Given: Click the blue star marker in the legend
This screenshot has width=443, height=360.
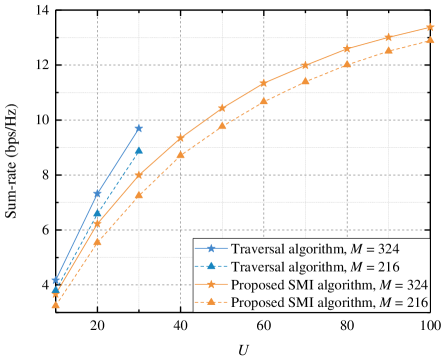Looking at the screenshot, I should (211, 249).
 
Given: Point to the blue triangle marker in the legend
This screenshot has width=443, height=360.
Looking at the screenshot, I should (211, 267).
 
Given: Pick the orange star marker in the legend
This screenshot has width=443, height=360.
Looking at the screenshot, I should (211, 285).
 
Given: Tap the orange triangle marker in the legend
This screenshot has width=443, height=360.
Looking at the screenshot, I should (211, 303).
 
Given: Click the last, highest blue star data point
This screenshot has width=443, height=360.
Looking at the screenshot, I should (139, 129).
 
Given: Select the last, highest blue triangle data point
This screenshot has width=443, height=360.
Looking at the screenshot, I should (139, 151).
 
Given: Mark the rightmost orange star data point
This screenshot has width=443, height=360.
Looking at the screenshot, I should (430, 28).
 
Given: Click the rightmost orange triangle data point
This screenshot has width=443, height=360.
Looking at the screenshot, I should (430, 40).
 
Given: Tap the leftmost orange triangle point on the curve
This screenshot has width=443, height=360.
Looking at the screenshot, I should (56, 305).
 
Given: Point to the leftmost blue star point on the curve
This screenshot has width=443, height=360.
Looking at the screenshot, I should (56, 281).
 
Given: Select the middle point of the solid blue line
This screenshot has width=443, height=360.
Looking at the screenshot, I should (97, 193).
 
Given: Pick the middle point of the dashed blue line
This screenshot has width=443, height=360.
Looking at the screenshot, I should (97, 215).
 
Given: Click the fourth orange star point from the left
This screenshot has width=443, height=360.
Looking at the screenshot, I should (181, 138).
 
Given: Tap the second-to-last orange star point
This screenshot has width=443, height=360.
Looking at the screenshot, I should (388, 38).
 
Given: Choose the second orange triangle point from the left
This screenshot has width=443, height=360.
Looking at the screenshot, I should (97, 241).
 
